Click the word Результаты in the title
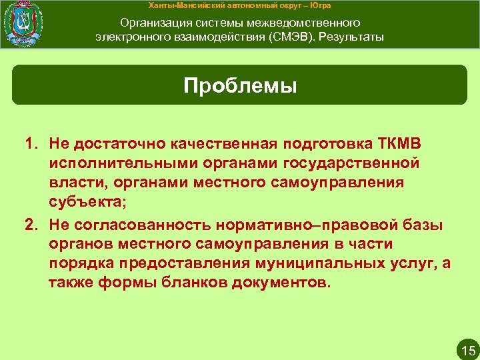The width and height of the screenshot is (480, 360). tap(351, 36)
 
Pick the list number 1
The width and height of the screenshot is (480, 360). tap(31, 145)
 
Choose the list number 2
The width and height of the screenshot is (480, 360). tap(31, 226)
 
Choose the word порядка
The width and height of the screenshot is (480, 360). tap(79, 263)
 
